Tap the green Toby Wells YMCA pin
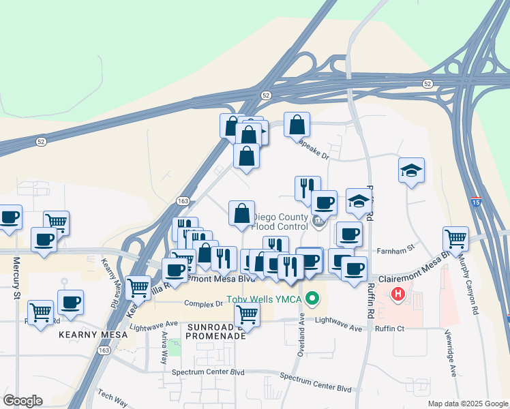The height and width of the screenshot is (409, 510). click(x=313, y=298)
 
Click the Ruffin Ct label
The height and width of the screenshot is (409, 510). click(x=390, y=328)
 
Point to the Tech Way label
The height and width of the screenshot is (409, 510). click(x=111, y=395)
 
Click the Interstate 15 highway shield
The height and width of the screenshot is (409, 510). click(x=476, y=202)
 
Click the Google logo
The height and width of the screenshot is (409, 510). click(x=22, y=401)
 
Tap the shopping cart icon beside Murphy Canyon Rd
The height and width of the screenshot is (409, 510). click(x=455, y=239)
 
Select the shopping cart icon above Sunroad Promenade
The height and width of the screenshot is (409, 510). click(x=247, y=314)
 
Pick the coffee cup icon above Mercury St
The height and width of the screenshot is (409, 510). click(x=10, y=217)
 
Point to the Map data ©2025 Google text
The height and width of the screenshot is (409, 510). click(x=467, y=404)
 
